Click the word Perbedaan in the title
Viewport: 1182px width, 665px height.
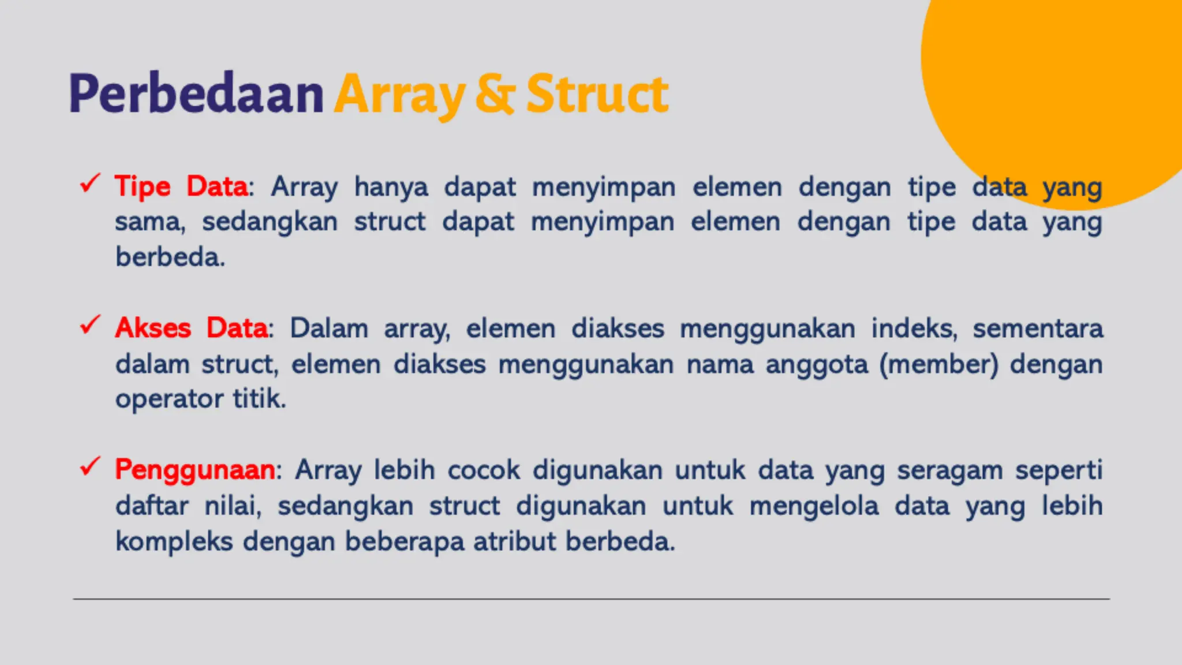pos(196,94)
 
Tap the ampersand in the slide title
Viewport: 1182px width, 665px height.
pos(495,94)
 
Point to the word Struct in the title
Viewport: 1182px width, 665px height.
pos(597,94)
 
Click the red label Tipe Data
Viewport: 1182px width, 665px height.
pos(181,186)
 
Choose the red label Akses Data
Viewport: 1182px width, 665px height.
pos(191,328)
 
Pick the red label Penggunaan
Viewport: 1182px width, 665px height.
pos(195,469)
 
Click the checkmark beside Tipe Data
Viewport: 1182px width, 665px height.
pos(91,184)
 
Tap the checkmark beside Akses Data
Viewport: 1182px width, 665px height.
pos(91,325)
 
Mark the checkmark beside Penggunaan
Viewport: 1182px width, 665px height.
pos(91,466)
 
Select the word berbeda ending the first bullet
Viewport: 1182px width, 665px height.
pos(170,257)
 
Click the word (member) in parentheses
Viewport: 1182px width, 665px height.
pos(938,364)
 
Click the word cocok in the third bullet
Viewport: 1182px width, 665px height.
pos(484,470)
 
